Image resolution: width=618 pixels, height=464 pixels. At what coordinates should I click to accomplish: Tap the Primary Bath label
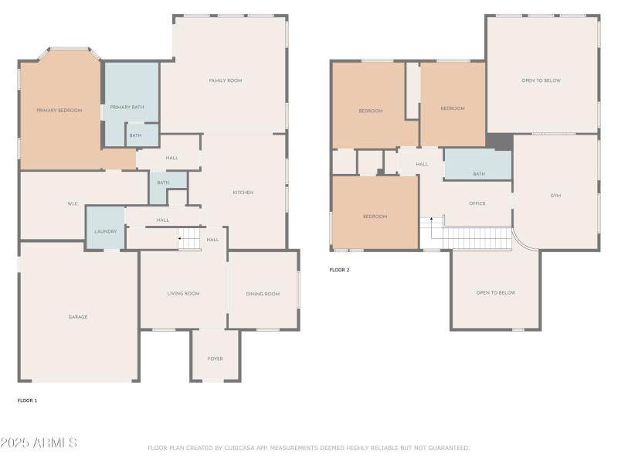(x=127, y=107)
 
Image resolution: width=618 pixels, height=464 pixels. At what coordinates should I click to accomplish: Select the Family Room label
(x=226, y=80)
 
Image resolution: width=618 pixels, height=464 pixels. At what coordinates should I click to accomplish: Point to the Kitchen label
(x=243, y=193)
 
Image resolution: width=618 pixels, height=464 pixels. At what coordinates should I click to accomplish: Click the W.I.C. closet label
(x=73, y=205)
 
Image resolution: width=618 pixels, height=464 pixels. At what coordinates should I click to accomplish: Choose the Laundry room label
(x=105, y=231)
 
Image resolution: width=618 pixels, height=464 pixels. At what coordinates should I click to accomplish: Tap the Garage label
(x=77, y=317)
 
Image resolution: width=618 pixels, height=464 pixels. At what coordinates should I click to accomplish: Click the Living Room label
(x=183, y=294)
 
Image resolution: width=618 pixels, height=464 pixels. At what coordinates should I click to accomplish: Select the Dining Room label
(x=263, y=294)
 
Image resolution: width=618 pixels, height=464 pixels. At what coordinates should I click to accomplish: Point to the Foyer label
(x=215, y=359)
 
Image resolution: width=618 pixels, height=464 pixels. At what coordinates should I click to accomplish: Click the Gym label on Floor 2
(x=555, y=196)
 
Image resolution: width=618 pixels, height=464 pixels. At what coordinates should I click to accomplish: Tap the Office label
(x=477, y=203)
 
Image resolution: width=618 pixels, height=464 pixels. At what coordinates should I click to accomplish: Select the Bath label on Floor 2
(x=479, y=174)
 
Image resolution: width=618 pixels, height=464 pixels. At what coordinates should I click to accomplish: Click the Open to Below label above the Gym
(x=541, y=80)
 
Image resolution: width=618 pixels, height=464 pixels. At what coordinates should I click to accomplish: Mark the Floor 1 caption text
(x=27, y=401)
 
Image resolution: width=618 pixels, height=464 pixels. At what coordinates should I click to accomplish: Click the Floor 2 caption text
(x=339, y=270)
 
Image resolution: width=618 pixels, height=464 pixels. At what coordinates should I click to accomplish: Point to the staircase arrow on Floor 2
(x=432, y=222)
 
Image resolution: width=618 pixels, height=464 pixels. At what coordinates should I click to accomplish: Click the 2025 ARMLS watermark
(x=39, y=443)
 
